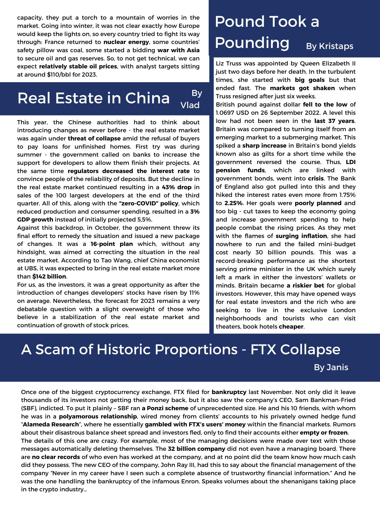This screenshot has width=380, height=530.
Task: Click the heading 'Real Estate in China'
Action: [x=93, y=98]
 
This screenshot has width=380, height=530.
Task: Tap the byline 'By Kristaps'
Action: [x=330, y=46]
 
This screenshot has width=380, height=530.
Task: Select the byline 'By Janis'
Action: [x=331, y=367]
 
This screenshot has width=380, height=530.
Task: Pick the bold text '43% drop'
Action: [x=177, y=187]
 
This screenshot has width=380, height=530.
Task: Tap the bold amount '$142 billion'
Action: [x=49, y=277]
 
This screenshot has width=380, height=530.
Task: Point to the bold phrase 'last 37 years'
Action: [x=334, y=121]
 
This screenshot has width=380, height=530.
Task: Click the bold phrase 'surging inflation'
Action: [x=301, y=236]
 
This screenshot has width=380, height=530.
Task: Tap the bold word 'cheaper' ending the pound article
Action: [x=291, y=326]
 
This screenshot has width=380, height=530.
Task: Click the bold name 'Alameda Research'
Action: [x=51, y=425]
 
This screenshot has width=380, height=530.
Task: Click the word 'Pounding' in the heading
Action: [x=252, y=43]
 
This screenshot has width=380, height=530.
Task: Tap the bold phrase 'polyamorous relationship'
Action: [x=98, y=416]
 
